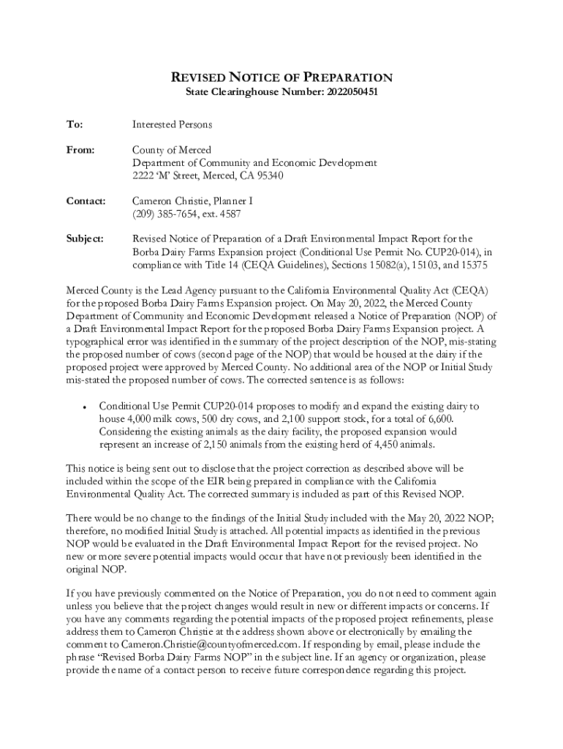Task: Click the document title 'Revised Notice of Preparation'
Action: (x=281, y=78)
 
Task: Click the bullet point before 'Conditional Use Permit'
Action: (x=86, y=406)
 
